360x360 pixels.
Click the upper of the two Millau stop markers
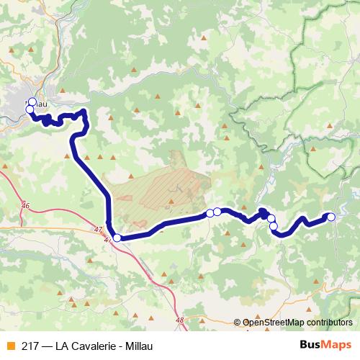click(32, 102)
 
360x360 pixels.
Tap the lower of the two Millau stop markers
click(30, 110)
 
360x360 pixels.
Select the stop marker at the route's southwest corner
click(117, 238)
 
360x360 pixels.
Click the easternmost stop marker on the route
click(331, 216)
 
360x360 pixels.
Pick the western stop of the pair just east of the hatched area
click(210, 212)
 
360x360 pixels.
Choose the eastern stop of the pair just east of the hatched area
click(217, 212)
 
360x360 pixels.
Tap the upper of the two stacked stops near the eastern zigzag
click(271, 218)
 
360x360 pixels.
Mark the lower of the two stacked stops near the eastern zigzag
click(273, 226)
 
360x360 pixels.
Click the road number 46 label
click(26, 207)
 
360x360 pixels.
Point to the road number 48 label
click(179, 319)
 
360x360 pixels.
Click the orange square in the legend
click(9, 344)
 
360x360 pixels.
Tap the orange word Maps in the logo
click(337, 344)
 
